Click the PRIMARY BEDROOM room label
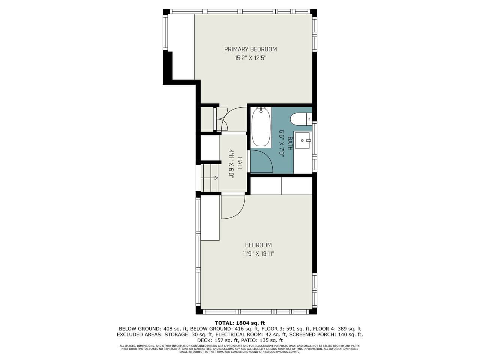pos(250,49)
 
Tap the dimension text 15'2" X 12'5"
pos(250,58)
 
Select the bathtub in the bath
pos(261,127)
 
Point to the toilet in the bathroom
pos(301,119)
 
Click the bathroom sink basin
pos(302,140)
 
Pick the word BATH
pos(290,144)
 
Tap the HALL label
pos(240,164)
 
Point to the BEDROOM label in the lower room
pos(258,245)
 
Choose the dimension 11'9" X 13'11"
pos(258,254)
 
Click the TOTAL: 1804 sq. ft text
pos(240,323)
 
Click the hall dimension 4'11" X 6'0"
pos(231,164)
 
